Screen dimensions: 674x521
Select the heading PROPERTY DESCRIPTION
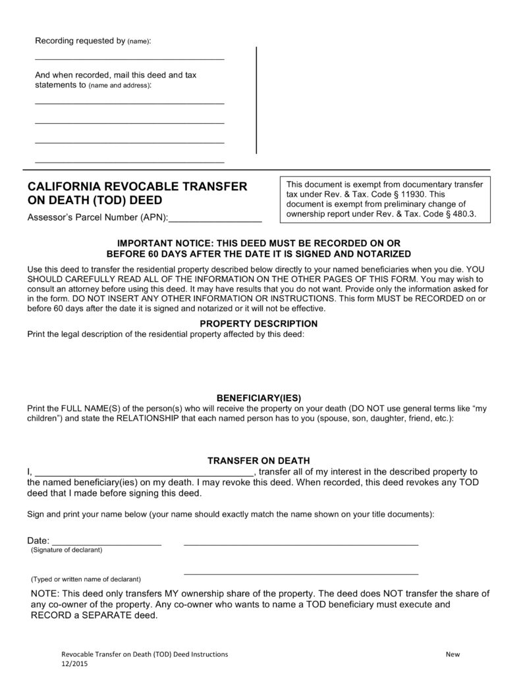[258, 324]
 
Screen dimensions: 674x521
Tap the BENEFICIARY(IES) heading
[259, 398]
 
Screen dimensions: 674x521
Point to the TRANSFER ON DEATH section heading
[259, 461]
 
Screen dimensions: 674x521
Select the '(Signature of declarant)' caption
[67, 550]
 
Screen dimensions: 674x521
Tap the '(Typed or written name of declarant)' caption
[86, 580]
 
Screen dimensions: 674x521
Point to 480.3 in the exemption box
[463, 214]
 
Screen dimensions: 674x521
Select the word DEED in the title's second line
[145, 200]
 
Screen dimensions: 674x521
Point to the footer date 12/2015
[73, 664]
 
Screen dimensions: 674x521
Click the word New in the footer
[452, 654]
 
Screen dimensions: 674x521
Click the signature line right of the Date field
[300, 544]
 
